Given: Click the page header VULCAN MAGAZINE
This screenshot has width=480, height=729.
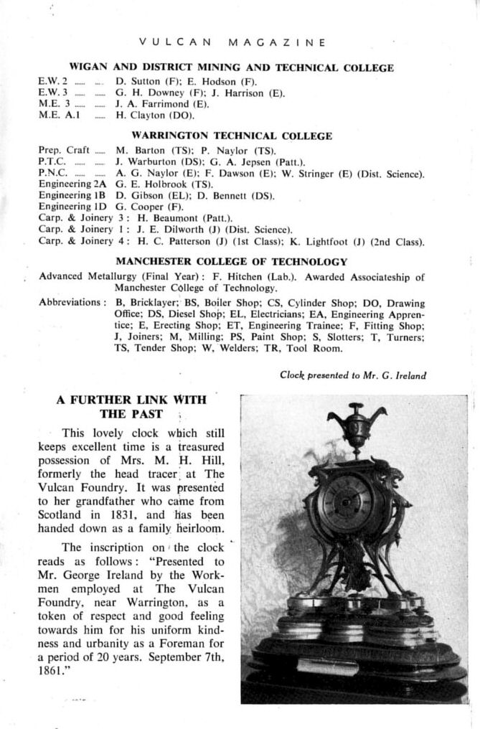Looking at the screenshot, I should coord(232,42).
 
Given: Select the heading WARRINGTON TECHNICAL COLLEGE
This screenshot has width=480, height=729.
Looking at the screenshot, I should coord(232,136).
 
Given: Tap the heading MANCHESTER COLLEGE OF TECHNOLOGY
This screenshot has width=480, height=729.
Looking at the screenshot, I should coord(232,262).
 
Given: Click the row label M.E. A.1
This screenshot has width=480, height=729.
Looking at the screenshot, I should coord(59,114).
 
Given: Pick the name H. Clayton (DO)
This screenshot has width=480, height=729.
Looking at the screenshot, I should coord(154,114).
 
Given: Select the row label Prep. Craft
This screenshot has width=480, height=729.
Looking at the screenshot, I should coord(64,150).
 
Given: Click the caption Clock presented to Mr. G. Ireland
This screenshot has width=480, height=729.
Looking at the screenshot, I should coord(353,375).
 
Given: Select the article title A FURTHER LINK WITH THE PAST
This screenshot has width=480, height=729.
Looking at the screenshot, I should coord(132,406).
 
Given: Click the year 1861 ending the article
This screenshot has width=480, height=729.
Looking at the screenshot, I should coord(50,674).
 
